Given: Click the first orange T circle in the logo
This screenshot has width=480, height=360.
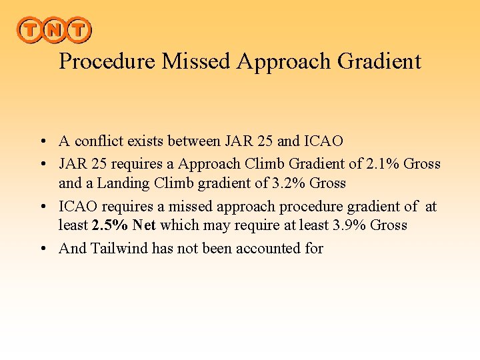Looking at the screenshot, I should tap(30, 30).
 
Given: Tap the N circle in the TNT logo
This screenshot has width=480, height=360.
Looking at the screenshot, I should tap(54, 30).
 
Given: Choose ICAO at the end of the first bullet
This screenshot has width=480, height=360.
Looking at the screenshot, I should tap(323, 141).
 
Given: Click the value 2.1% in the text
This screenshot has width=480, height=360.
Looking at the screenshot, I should tap(382, 163).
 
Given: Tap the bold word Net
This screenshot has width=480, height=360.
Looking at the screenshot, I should tap(143, 225).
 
